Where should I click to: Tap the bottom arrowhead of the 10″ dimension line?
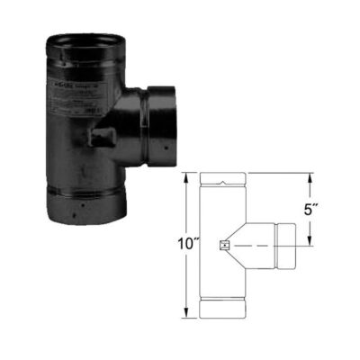pyautogui.click(x=187, y=315)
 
